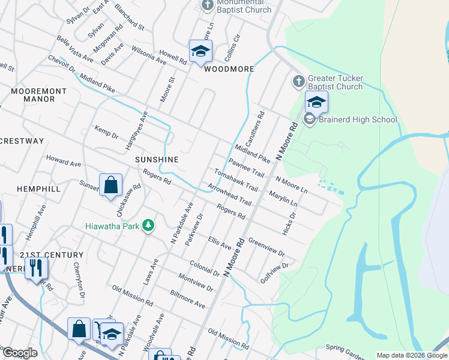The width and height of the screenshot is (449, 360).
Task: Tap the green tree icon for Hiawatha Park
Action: pos(148,226)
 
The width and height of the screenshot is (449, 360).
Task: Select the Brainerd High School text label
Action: pos(358,119)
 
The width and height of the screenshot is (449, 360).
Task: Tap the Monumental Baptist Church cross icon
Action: pos(207,6)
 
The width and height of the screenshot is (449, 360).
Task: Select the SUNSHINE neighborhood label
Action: pos(157,160)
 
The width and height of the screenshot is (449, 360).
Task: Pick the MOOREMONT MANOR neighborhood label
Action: pos(39,95)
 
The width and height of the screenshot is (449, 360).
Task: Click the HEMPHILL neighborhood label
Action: pos(38,188)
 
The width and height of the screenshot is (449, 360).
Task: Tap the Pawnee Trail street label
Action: pos(246,167)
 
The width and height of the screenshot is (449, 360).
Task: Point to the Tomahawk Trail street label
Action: pos(236,179)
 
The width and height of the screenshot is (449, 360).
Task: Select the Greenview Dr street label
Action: pos(267,248)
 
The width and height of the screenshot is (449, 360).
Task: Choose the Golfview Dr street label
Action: pos(274,273)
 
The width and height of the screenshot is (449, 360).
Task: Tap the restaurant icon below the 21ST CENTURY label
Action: pos(36,266)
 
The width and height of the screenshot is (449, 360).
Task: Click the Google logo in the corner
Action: pos(20,353)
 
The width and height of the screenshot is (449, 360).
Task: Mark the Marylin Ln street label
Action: pos(283,200)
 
